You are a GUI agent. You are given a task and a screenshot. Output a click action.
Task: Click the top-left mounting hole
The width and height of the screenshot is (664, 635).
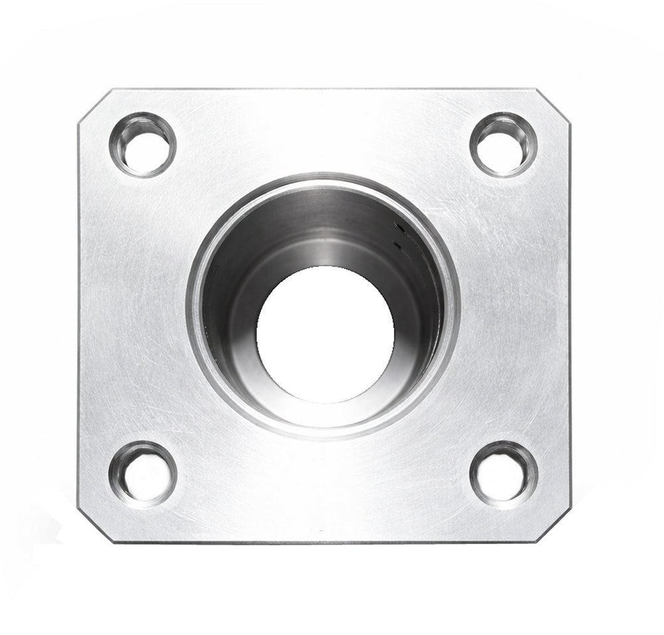pyautogui.click(x=143, y=145)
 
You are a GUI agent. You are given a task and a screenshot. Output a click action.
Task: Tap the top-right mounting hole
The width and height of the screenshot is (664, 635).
pyautogui.click(x=503, y=145)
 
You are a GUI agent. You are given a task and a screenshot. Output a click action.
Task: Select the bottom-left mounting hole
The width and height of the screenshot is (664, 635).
pyautogui.click(x=143, y=474)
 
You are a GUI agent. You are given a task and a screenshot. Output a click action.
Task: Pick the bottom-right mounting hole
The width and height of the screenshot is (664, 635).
pyautogui.click(x=503, y=475)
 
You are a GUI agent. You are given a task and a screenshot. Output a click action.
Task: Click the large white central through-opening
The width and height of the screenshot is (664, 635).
pyautogui.click(x=325, y=335)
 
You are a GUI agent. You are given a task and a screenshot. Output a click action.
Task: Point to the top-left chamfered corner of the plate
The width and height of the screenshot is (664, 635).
pyautogui.click(x=94, y=105)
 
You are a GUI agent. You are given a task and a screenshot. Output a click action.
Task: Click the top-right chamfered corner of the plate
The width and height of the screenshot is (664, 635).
pyautogui.click(x=553, y=105)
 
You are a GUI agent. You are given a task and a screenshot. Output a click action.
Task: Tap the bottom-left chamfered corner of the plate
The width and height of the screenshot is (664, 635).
pyautogui.click(x=92, y=526)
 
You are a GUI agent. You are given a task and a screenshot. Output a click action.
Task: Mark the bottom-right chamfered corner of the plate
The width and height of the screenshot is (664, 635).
pyautogui.click(x=554, y=526)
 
